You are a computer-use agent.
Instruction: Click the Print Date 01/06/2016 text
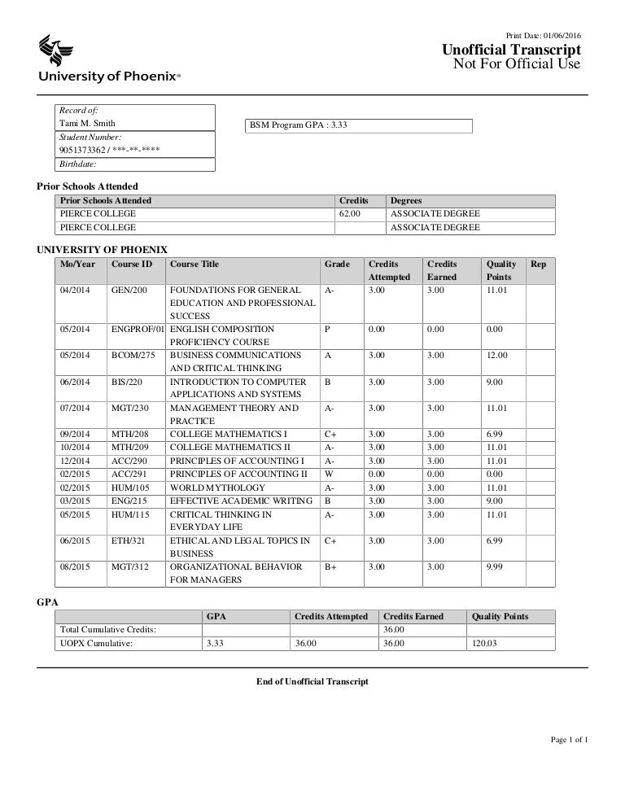click(x=543, y=35)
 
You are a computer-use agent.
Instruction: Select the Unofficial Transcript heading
click(x=510, y=50)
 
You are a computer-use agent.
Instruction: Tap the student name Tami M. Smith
click(x=87, y=125)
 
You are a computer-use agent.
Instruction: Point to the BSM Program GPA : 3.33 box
click(x=360, y=125)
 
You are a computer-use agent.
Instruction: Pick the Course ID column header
click(x=131, y=264)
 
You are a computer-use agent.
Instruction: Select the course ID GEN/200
click(x=129, y=290)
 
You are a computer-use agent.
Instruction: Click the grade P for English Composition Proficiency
click(x=327, y=330)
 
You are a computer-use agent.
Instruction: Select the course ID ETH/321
click(x=129, y=540)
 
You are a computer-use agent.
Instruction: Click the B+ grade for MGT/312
click(x=330, y=566)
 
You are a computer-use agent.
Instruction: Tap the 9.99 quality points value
click(x=496, y=566)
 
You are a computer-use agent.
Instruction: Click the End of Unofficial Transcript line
click(x=312, y=681)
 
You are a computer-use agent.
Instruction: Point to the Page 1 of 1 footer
click(x=569, y=739)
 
